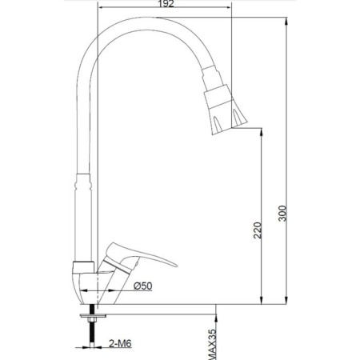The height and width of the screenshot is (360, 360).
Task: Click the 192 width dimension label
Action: pos(166,4)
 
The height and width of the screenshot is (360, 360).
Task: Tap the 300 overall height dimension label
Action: pos(282,214)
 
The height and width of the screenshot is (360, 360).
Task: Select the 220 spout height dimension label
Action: pos(258,230)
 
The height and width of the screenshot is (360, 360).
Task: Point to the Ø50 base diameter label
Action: pos(143,286)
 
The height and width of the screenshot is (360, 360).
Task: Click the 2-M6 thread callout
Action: pos(120,343)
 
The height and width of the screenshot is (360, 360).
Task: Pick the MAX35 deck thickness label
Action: pos(212,344)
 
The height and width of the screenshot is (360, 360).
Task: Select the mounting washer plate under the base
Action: pos(93,316)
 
